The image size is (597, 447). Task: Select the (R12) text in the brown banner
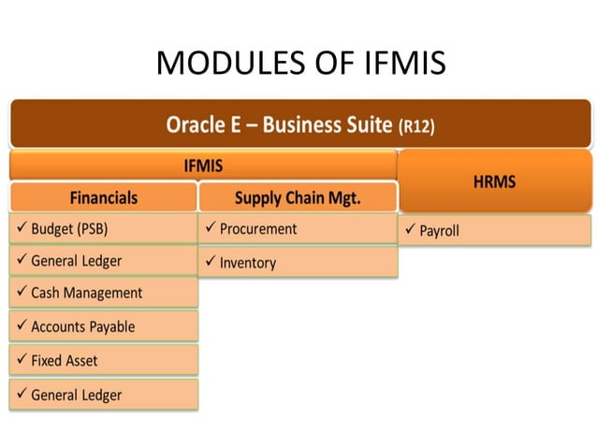click(416, 126)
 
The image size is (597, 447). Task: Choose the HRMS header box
click(494, 182)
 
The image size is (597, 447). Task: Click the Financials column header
click(104, 198)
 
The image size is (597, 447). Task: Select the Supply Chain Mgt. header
click(298, 198)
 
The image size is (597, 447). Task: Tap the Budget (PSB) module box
click(104, 228)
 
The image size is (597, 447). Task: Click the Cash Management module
click(104, 293)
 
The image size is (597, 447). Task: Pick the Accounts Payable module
click(104, 326)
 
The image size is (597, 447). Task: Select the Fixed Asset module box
click(104, 360)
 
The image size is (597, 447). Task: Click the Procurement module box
click(298, 228)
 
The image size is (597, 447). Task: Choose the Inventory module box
click(298, 263)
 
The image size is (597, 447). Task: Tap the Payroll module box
click(494, 230)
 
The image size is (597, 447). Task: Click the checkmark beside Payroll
click(410, 230)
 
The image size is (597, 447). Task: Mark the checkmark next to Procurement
click(211, 228)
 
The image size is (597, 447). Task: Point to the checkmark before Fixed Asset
click(22, 360)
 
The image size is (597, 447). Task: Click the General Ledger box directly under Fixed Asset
click(104, 395)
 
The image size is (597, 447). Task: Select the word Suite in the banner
click(364, 124)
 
